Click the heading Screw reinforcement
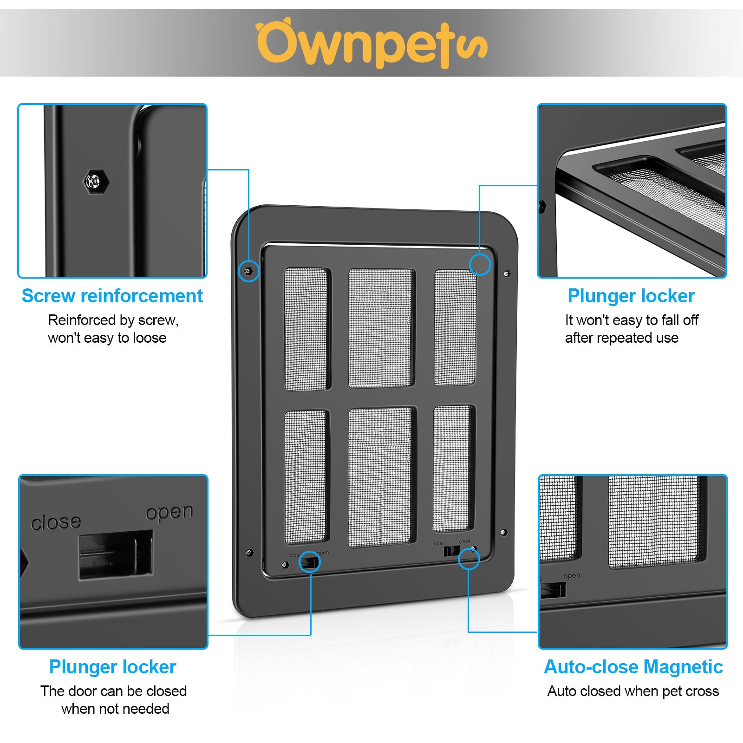click(x=112, y=296)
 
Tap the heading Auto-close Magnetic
click(x=633, y=667)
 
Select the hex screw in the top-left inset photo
click(x=96, y=181)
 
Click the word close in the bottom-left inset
click(x=56, y=522)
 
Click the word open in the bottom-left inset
click(x=169, y=512)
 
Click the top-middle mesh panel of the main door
click(x=381, y=327)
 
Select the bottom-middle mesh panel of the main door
click(x=380, y=477)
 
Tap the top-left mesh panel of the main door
click(x=306, y=328)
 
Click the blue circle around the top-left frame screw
click(x=248, y=270)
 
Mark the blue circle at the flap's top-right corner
click(x=480, y=264)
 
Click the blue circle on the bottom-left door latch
click(x=309, y=562)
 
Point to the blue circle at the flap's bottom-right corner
click(x=469, y=559)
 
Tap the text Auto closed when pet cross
click(x=633, y=691)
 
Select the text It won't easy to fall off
click(x=632, y=320)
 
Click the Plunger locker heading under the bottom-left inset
click(x=112, y=667)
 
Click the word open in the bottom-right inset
click(x=572, y=576)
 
